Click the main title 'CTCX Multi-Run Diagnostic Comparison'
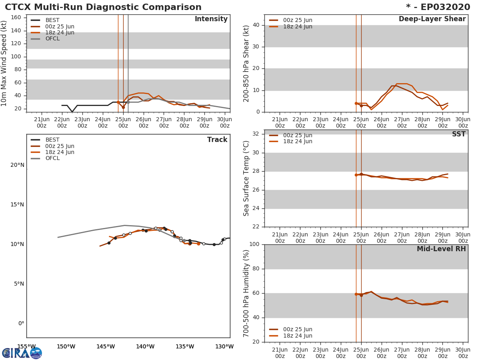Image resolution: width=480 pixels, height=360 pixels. (x=103, y=7)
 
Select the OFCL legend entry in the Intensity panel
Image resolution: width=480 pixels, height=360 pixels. (x=52, y=39)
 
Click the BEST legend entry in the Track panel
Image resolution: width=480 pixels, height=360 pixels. (x=52, y=140)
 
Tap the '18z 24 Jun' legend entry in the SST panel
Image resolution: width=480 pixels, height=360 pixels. (x=298, y=142)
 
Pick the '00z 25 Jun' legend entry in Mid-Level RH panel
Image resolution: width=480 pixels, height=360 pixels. (x=298, y=330)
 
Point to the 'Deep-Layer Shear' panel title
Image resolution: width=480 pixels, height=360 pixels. (x=432, y=19)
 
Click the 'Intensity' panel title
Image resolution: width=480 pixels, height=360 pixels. (x=211, y=19)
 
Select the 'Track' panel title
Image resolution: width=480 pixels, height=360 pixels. (x=217, y=140)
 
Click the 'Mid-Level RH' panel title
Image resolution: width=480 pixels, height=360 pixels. (x=441, y=249)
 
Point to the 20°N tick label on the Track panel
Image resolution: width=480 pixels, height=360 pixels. (x=17, y=165)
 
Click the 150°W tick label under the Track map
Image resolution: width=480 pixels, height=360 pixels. (x=66, y=347)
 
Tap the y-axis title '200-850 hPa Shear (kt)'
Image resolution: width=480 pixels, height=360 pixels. (x=246, y=63)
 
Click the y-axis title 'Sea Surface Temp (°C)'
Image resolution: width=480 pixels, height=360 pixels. (x=246, y=178)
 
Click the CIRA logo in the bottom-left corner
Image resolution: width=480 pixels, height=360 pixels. (x=22, y=353)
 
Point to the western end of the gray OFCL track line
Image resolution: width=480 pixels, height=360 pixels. (x=58, y=237)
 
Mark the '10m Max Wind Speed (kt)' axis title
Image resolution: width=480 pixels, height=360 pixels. (x=4, y=63)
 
